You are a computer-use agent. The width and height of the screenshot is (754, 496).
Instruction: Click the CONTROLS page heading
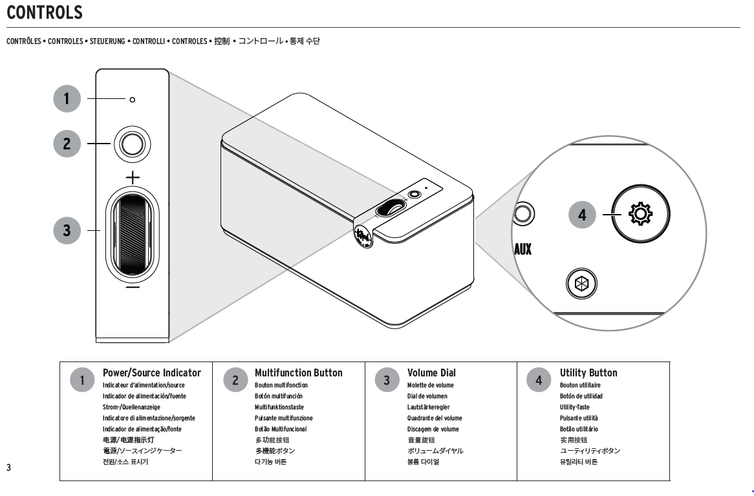[x=45, y=12]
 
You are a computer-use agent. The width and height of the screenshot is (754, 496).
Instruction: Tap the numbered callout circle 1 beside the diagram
[x=67, y=99]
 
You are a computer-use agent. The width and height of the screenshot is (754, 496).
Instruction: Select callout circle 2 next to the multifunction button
[x=67, y=144]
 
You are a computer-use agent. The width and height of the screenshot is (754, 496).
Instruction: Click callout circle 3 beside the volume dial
[x=67, y=230]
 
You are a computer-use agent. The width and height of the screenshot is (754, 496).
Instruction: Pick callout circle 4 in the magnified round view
[x=582, y=215]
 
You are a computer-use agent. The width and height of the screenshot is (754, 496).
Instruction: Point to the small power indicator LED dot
[x=133, y=100]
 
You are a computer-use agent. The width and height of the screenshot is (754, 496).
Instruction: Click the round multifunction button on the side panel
[x=132, y=144]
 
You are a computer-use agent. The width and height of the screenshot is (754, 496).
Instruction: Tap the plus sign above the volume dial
[x=132, y=177]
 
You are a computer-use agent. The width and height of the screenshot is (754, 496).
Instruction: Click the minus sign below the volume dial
[x=132, y=286]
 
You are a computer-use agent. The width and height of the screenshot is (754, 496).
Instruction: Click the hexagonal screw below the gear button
[x=581, y=283]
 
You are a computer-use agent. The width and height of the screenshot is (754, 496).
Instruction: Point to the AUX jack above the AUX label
[x=522, y=213]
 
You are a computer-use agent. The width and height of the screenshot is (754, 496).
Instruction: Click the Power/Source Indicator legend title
[x=152, y=372]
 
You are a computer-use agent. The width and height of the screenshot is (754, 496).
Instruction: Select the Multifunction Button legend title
[x=299, y=372]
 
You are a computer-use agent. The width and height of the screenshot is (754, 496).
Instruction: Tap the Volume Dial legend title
[x=431, y=372]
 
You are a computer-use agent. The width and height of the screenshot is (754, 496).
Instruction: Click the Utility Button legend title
[x=588, y=372]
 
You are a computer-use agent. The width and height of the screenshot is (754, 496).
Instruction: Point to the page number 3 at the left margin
[x=8, y=468]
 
